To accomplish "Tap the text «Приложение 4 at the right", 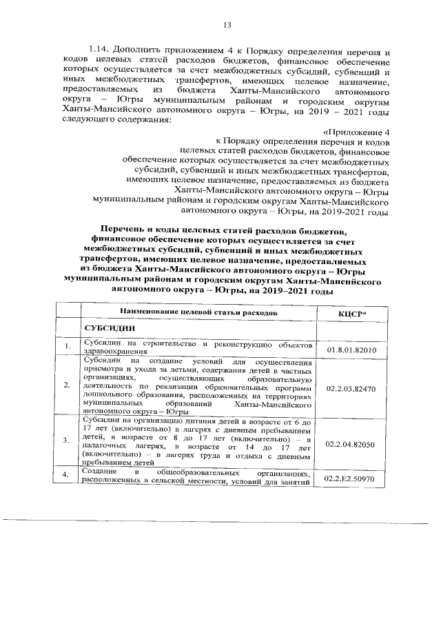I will point(355,132).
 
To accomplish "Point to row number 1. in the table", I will point(66,346).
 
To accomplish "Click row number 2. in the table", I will point(66,384).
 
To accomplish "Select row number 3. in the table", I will point(66,439).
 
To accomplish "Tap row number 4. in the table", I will point(66,475).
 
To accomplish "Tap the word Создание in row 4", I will point(99,472).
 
